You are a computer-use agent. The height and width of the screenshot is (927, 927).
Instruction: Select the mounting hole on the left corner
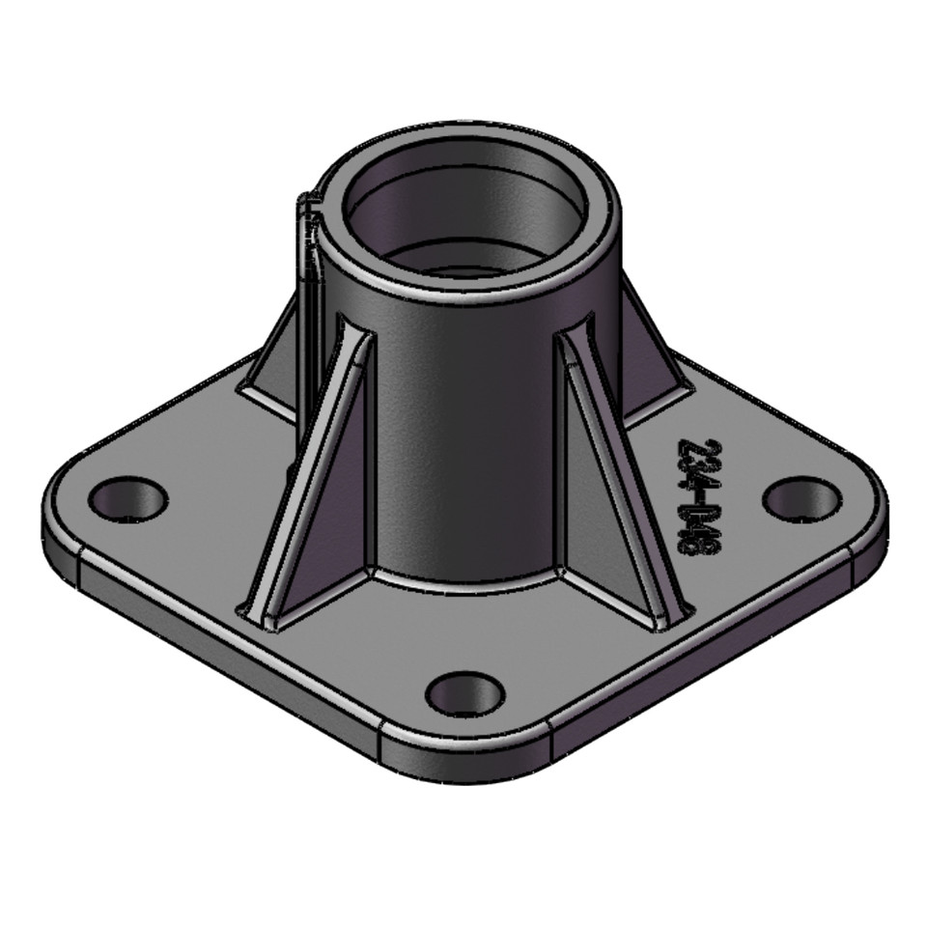(128, 498)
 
